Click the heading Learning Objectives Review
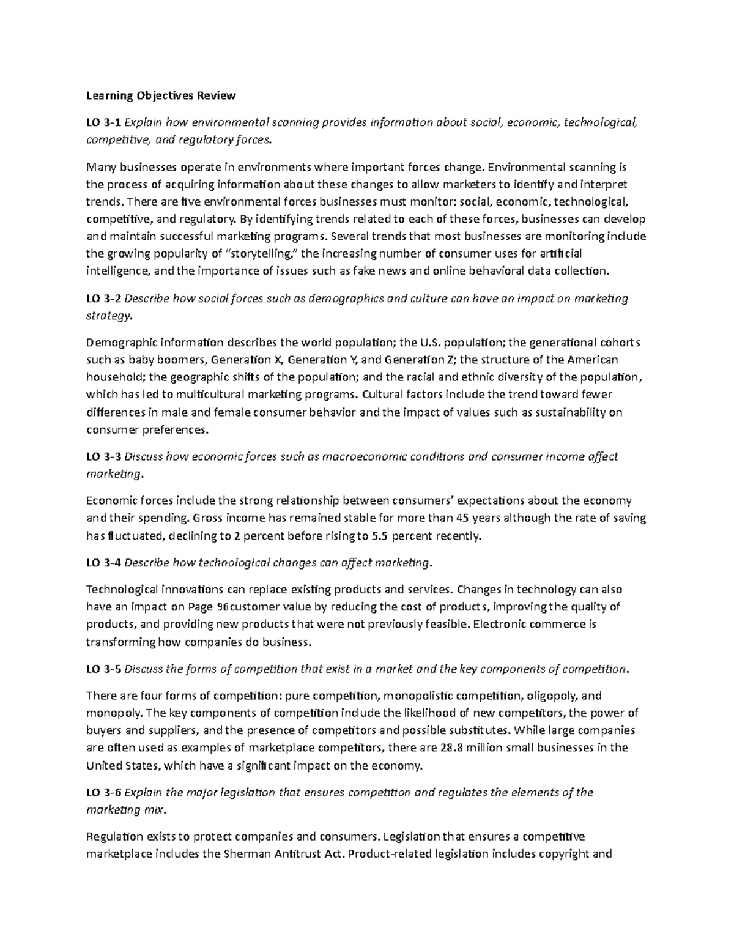(160, 95)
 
